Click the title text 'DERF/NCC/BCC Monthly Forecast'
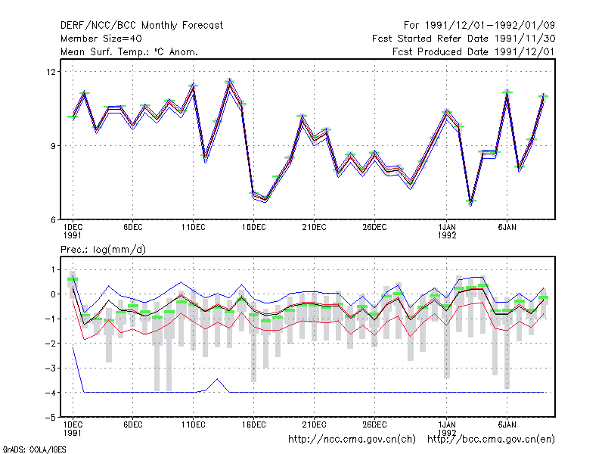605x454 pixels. tap(141, 26)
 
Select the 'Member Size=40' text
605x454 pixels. tap(101, 39)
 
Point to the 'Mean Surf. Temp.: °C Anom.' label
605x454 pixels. tap(129, 51)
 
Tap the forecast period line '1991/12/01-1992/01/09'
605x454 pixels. tap(490, 26)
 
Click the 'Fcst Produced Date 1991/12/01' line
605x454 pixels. tap(473, 51)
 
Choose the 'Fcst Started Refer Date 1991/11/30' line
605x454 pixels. tap(464, 39)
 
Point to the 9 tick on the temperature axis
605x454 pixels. tap(54, 146)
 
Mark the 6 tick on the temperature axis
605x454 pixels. tap(54, 220)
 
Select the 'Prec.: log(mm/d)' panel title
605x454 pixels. tap(103, 250)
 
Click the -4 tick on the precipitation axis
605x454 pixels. tap(51, 393)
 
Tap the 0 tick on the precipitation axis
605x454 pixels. tap(54, 294)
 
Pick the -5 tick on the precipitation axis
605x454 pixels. tap(51, 418)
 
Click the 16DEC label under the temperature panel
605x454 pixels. tap(254, 228)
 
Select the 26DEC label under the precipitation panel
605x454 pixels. tap(374, 424)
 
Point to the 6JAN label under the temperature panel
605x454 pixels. tap(507, 228)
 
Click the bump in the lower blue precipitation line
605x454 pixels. tap(217, 379)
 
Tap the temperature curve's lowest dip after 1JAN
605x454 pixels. tap(471, 204)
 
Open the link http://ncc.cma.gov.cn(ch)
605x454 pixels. tap(352, 440)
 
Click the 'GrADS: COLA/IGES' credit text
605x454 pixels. tap(34, 449)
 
